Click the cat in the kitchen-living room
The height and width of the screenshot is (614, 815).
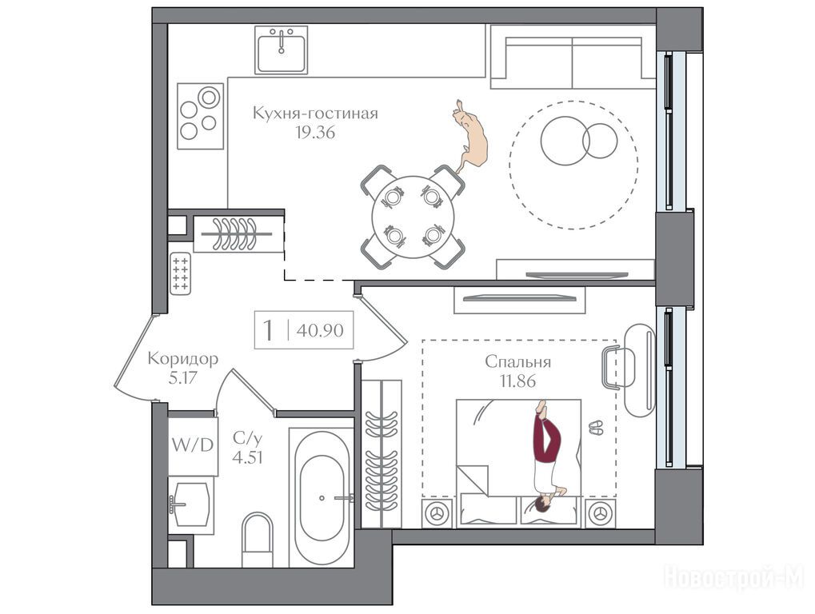click(x=472, y=135)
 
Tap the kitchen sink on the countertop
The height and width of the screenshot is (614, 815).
click(x=281, y=50)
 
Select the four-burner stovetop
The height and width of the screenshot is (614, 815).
click(x=200, y=116)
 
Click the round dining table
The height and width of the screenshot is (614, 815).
click(x=413, y=217)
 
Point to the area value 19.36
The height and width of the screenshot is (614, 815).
click(x=315, y=133)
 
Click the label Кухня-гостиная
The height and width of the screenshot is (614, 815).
click(x=315, y=113)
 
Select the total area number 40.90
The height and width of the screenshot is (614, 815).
click(x=320, y=330)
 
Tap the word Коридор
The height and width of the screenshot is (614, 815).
click(x=183, y=358)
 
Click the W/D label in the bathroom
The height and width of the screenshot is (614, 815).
click(x=192, y=445)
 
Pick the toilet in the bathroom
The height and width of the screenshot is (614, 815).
click(x=258, y=540)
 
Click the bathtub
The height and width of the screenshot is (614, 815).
click(x=322, y=497)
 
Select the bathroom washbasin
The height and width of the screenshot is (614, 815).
click(x=191, y=504)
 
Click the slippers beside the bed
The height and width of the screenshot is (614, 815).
click(x=596, y=428)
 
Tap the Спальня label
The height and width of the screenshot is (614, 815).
click(x=517, y=361)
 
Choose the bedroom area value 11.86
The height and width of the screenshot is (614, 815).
click(x=517, y=381)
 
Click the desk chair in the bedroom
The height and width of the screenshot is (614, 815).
click(x=618, y=368)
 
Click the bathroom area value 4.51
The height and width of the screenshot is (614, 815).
click(x=247, y=457)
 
